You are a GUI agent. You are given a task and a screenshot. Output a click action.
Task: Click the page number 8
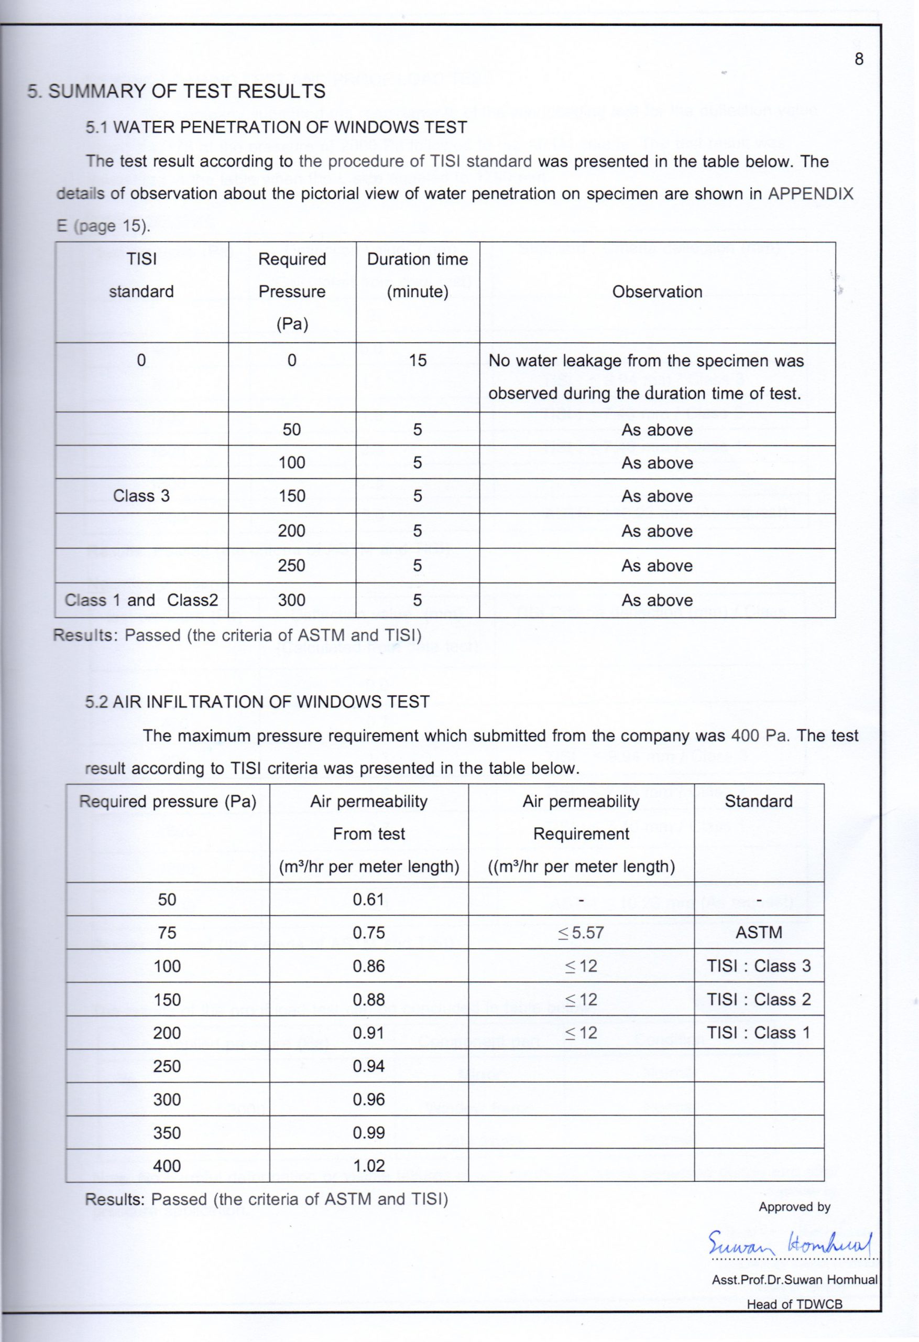(859, 59)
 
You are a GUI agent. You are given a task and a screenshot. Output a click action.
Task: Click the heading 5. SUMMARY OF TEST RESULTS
(177, 91)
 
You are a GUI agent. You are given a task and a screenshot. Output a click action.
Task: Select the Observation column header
(657, 292)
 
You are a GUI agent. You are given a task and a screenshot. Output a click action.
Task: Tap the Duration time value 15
(418, 361)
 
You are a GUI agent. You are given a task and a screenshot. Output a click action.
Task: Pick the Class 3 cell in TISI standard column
(141, 496)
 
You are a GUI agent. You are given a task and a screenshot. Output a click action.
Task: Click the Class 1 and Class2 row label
(141, 600)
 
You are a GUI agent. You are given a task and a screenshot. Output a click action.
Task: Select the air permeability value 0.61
(368, 900)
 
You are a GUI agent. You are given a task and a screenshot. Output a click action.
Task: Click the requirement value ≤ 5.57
(581, 933)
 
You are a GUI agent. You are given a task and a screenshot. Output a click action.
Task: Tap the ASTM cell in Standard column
(759, 933)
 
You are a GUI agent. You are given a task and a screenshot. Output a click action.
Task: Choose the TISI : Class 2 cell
(759, 1000)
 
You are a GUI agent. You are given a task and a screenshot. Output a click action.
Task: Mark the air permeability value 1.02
(368, 1166)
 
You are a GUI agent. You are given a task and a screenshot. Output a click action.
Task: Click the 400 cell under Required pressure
(167, 1166)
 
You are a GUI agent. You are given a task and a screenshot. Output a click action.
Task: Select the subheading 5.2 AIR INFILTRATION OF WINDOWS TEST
(257, 701)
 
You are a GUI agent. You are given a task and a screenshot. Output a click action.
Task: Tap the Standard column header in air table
(759, 802)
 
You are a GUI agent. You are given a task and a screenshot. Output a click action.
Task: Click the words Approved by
(794, 1207)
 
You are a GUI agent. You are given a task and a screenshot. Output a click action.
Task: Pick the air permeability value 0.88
(368, 1000)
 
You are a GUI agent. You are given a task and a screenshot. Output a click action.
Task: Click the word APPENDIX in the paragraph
(810, 194)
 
